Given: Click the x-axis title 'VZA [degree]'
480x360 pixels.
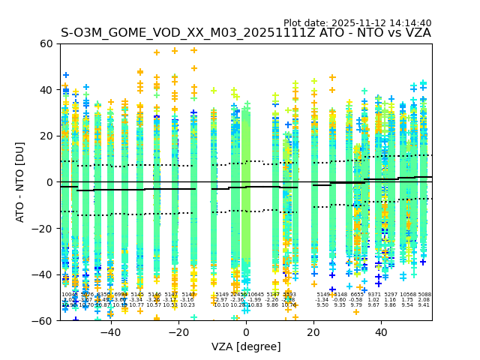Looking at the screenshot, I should click(x=246, y=346).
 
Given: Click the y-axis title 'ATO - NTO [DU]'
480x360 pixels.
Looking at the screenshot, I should click(x=20, y=181).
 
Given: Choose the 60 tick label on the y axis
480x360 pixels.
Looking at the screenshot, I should click(x=46, y=43).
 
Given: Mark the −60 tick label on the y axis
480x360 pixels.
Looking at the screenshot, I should click(x=43, y=321).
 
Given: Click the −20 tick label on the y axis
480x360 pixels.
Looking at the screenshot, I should click(x=43, y=229).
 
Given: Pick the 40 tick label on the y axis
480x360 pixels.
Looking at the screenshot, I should click(x=46, y=90).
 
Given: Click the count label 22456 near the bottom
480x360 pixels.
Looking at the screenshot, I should click(x=238, y=295).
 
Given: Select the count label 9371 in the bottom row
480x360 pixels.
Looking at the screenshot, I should click(x=373, y=295).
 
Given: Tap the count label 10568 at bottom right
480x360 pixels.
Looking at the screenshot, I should click(x=408, y=295).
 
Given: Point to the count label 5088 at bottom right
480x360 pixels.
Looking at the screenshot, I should click(x=424, y=295).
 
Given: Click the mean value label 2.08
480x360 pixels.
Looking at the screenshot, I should click(x=424, y=300).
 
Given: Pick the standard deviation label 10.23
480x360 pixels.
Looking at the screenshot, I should click(x=187, y=305).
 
